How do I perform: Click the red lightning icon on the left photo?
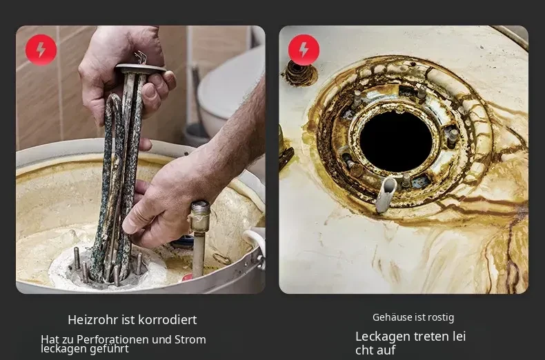click(x=41, y=50)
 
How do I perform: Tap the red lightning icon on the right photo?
click(x=304, y=50)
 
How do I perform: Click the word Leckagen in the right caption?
click(x=379, y=337)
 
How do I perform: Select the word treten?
click(x=425, y=337)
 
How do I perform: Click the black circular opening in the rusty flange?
click(x=396, y=141)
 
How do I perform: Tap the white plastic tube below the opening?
click(x=386, y=194)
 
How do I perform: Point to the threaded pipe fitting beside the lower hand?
click(x=199, y=217)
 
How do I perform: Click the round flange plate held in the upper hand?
click(x=141, y=68)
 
